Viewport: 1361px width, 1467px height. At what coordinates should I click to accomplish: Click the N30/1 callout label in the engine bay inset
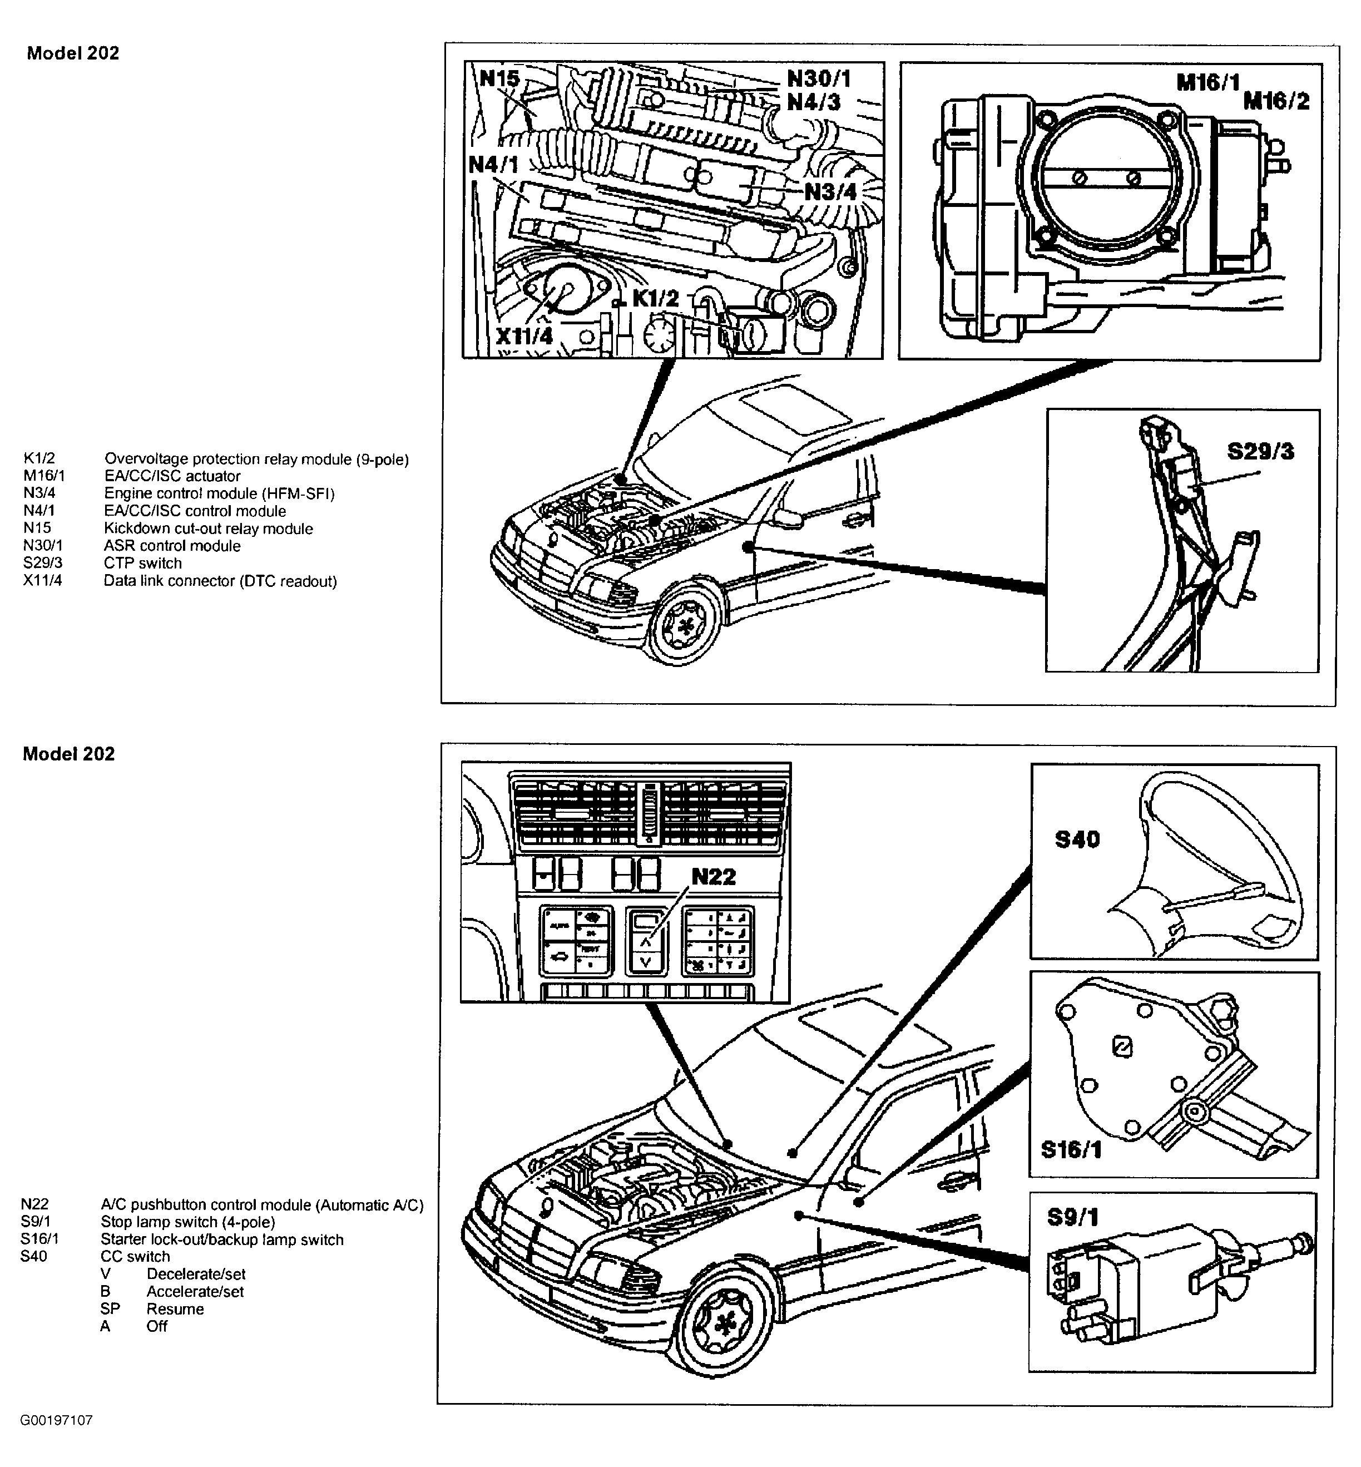tap(818, 77)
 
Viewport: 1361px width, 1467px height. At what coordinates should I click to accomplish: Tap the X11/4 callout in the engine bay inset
tap(523, 336)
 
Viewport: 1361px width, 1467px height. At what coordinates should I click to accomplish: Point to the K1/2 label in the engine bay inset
tap(655, 298)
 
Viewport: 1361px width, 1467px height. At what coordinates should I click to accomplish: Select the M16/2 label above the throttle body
tap(1276, 101)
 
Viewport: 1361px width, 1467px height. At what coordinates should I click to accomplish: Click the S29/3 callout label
tap(1260, 451)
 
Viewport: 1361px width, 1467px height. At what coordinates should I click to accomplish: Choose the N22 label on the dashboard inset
tap(714, 876)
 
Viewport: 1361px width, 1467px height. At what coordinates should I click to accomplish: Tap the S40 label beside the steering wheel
tap(1077, 839)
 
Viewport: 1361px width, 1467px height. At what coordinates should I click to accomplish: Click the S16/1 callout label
tap(1071, 1149)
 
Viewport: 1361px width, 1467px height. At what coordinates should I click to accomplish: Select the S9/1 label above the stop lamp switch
tap(1072, 1217)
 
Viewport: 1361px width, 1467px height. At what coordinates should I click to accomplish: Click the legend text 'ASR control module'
tap(172, 546)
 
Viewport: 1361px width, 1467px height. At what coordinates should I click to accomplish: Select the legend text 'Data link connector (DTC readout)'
tap(220, 581)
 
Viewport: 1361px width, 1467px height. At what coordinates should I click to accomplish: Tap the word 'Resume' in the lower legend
tap(175, 1308)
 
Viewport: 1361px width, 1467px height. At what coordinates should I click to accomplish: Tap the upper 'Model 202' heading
tap(72, 53)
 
